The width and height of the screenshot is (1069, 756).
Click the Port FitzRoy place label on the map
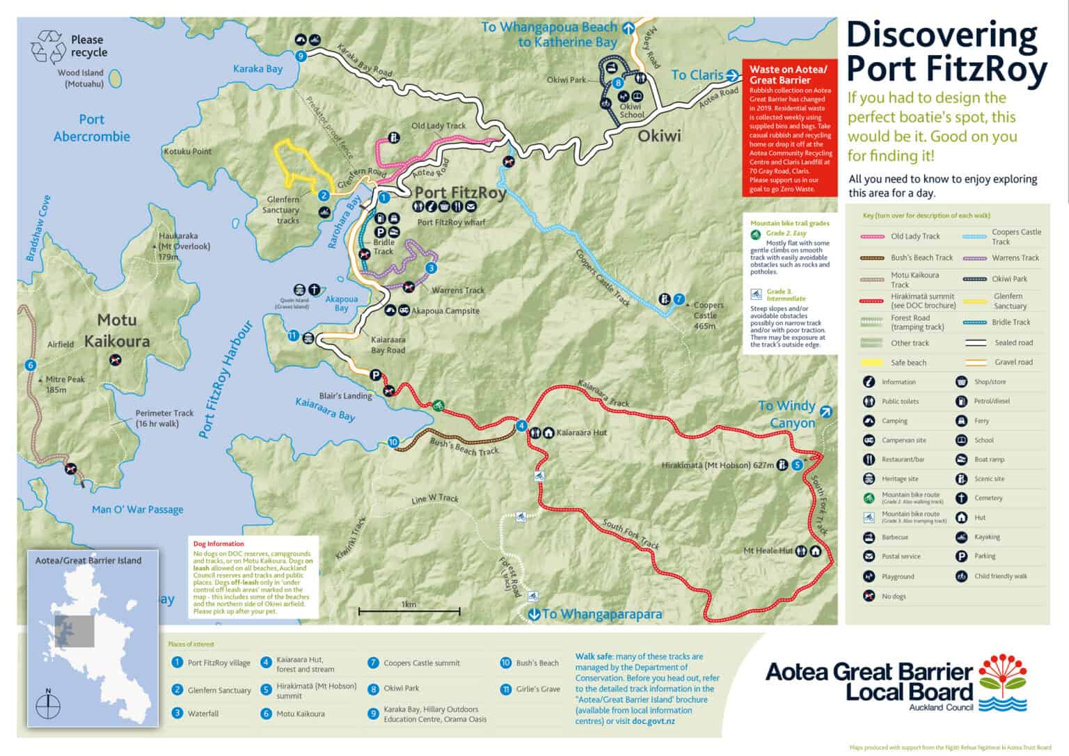(x=460, y=193)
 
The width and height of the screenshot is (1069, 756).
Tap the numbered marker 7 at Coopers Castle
(x=679, y=299)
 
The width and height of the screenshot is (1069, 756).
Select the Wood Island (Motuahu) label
(x=81, y=78)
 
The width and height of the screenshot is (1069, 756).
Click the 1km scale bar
(x=409, y=611)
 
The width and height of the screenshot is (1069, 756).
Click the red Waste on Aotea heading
(x=789, y=74)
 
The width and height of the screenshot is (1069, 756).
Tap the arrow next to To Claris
(x=732, y=75)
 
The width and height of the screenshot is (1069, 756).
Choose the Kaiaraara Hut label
(x=582, y=432)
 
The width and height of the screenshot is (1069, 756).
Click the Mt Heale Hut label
(x=768, y=551)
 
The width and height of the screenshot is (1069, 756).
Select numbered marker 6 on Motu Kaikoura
(x=31, y=365)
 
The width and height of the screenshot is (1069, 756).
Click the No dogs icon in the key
(x=869, y=596)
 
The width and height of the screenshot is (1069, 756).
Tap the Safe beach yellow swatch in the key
(x=872, y=363)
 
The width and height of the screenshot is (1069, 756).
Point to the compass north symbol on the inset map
(x=48, y=706)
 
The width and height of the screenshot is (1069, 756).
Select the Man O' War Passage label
(x=138, y=510)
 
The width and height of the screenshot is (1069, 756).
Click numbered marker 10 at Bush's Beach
(x=393, y=442)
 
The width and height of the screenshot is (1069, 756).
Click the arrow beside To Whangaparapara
(x=534, y=614)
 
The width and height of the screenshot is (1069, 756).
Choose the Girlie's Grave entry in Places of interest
(x=537, y=689)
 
